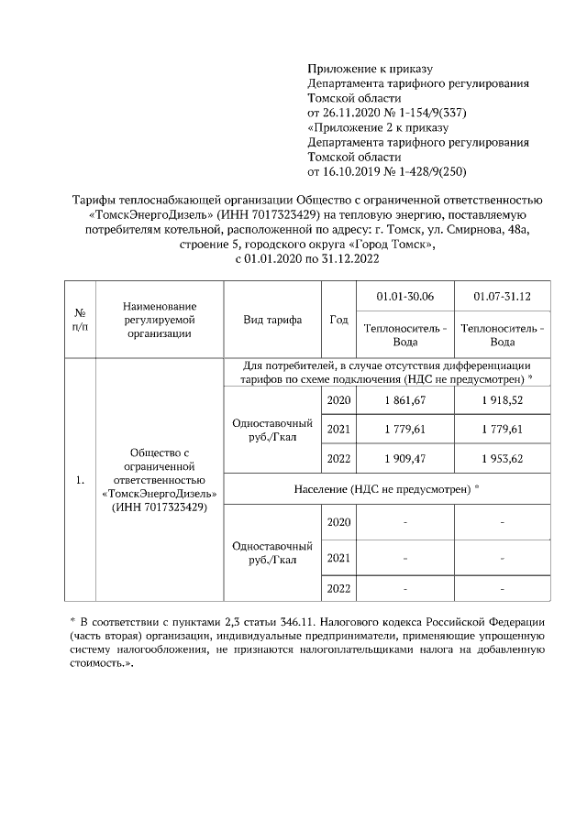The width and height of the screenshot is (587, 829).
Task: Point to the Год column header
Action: (338, 320)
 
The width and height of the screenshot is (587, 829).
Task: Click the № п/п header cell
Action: (80, 320)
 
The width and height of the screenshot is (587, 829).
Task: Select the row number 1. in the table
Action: (80, 479)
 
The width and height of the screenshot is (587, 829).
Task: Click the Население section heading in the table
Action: (387, 488)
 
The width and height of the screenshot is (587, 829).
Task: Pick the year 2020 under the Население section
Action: (338, 522)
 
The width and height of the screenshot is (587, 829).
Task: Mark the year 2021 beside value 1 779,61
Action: (338, 429)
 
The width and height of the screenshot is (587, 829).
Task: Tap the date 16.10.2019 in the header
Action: (356, 171)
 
